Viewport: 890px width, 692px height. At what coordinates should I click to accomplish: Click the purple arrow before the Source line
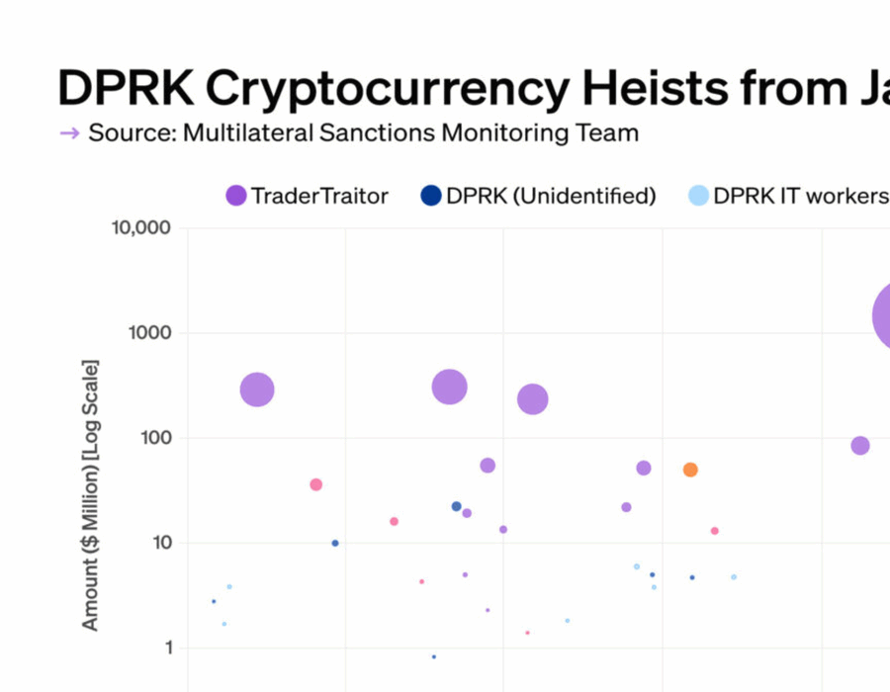pyautogui.click(x=69, y=133)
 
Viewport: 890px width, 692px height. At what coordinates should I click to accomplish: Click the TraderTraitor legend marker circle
pyautogui.click(x=236, y=196)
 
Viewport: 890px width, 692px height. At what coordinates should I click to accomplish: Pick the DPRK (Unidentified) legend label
pyautogui.click(x=551, y=196)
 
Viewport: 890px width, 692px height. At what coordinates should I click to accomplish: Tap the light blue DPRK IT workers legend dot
pyautogui.click(x=698, y=196)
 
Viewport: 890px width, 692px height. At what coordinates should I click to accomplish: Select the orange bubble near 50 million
pyautogui.click(x=690, y=470)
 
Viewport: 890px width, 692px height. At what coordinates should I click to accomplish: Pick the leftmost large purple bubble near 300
pyautogui.click(x=257, y=389)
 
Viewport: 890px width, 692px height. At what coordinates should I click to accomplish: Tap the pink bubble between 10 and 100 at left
pyautogui.click(x=315, y=484)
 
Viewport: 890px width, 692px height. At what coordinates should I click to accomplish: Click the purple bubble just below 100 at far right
pyautogui.click(x=860, y=446)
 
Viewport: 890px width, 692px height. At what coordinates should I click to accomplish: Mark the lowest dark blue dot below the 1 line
pyautogui.click(x=433, y=656)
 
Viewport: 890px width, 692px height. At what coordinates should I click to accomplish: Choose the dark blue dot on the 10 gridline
pyautogui.click(x=335, y=543)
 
